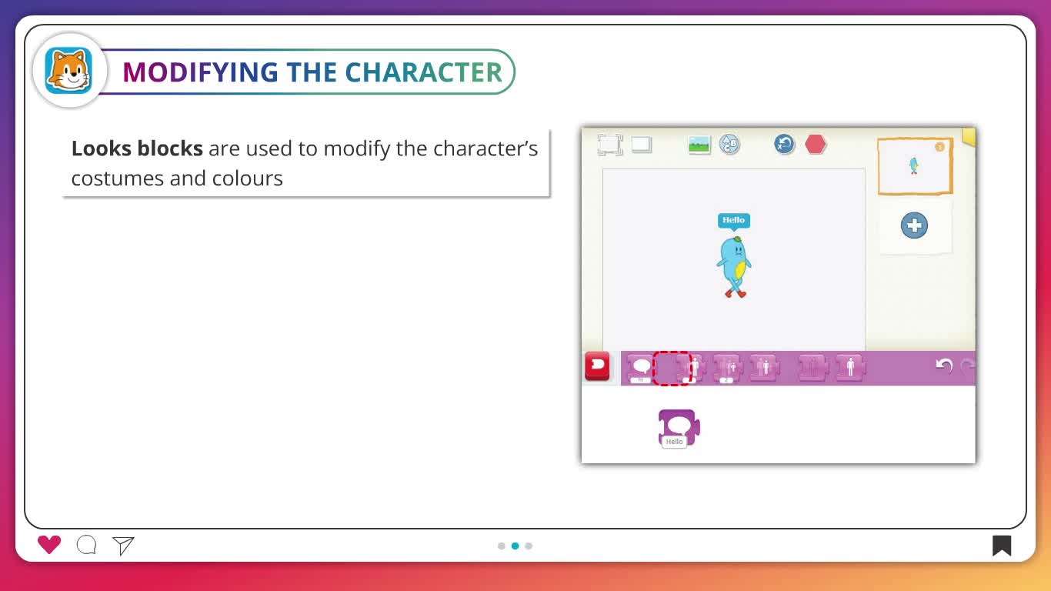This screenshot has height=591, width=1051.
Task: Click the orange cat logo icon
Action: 68,71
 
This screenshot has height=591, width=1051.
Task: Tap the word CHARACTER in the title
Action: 424,72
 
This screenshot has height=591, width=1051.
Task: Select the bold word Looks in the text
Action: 102,149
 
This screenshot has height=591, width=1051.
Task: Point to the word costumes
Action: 117,179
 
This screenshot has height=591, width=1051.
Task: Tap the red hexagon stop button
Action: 816,144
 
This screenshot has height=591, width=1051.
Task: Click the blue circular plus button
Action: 914,225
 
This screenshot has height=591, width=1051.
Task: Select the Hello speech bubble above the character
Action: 734,221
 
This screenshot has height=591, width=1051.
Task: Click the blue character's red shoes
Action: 736,294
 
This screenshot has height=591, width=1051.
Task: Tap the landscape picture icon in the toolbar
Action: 699,145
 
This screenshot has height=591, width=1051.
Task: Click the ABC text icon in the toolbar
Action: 729,144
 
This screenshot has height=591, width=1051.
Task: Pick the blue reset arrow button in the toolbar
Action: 784,144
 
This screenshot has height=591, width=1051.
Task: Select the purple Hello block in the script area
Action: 679,429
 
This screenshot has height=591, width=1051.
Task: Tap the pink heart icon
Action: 49,545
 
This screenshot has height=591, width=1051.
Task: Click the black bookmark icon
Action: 1001,546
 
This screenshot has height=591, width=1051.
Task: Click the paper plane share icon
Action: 123,546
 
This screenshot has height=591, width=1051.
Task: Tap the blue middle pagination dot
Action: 515,546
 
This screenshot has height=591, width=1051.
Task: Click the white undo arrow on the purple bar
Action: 944,366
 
